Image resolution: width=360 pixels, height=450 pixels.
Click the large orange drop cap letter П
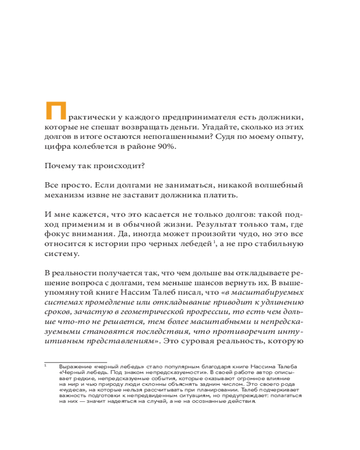point(55,111)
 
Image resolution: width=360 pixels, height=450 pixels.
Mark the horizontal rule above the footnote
point(75,362)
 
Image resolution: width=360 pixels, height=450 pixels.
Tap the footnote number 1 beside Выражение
point(45,366)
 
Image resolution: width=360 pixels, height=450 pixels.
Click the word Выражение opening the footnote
point(74,367)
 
